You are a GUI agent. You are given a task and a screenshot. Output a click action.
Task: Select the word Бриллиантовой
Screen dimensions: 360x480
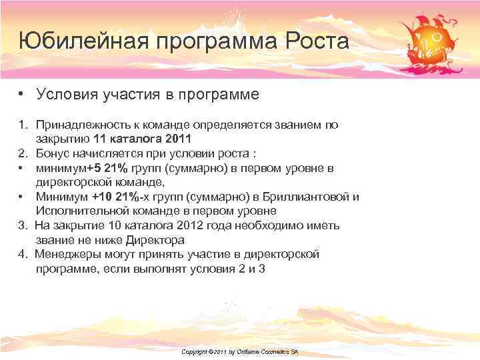pyautogui.click(x=311, y=197)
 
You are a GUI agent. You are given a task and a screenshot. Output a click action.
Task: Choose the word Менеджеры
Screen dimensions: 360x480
pyautogui.click(x=69, y=254)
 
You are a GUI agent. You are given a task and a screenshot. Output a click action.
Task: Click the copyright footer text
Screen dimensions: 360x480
pyautogui.click(x=239, y=351)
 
